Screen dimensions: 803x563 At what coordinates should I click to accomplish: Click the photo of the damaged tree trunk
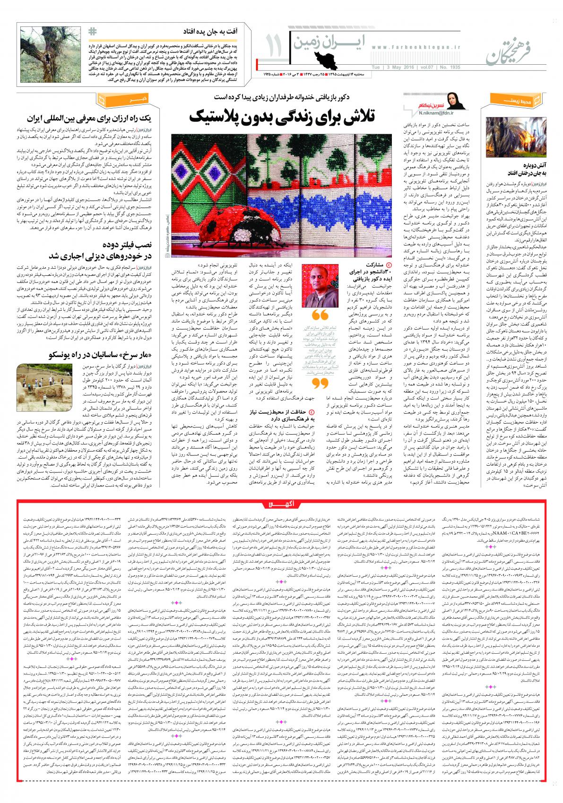51,56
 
